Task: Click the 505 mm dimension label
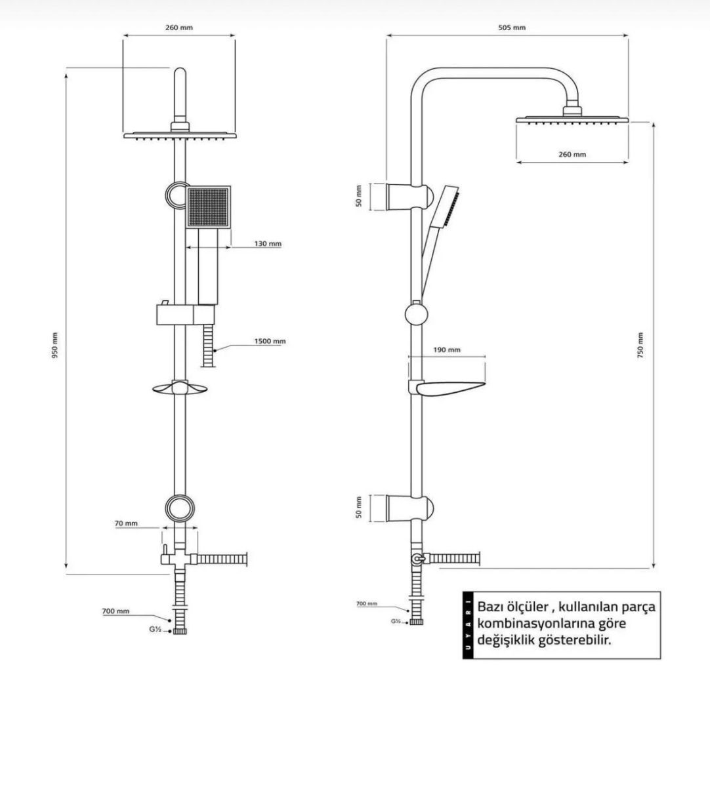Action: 511,28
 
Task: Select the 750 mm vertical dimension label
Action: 640,344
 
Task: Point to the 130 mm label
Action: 268,244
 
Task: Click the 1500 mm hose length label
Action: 270,341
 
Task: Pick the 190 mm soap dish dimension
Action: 447,350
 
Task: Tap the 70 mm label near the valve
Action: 125,523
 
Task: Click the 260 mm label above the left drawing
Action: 178,28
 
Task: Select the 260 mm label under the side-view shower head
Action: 572,155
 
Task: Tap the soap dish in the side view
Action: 450,390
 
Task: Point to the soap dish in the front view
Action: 180,389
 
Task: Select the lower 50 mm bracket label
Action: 359,507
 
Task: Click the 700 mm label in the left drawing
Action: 115,611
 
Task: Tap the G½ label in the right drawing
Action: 396,621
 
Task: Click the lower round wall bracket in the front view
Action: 179,507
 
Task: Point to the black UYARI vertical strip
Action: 467,624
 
